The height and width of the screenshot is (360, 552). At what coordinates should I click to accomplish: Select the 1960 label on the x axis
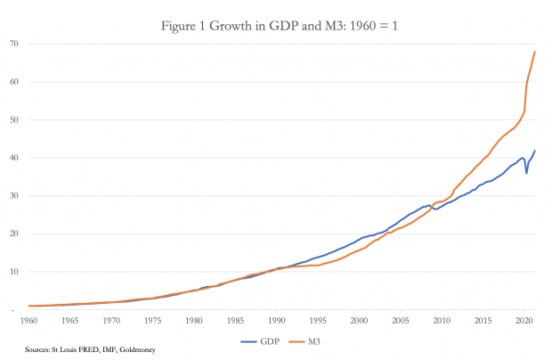point(29,319)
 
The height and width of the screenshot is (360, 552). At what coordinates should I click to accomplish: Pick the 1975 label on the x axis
point(153,319)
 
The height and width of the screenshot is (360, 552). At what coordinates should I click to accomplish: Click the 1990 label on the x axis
point(277,319)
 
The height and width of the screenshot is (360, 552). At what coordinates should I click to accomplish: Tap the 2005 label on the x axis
point(401,319)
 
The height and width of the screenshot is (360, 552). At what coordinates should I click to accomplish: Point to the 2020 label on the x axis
point(524,319)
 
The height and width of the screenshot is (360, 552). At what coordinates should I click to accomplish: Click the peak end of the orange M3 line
point(534,52)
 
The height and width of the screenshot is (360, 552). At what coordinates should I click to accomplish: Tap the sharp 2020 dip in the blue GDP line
point(526,172)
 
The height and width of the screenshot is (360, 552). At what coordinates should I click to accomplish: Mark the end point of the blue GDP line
point(534,151)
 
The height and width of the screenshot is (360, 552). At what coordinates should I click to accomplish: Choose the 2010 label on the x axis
point(442,319)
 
